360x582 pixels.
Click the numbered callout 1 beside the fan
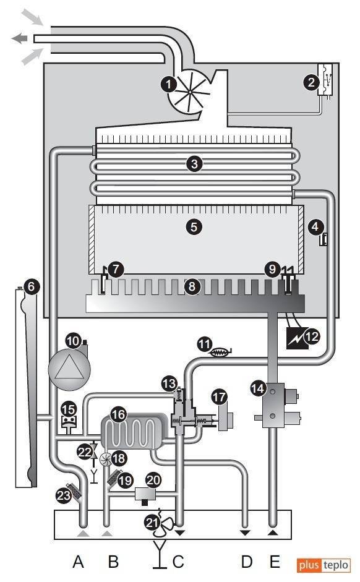tap(168, 84)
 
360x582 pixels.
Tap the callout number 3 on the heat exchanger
tap(194, 163)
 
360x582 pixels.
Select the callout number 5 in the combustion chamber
tap(194, 227)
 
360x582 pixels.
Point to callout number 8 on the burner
tap(192, 286)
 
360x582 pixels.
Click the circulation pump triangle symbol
tap(69, 370)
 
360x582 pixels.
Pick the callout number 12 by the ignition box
tap(312, 336)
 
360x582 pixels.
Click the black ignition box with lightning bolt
tap(297, 338)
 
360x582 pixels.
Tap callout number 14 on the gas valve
tap(257, 388)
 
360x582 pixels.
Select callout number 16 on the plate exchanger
tap(118, 414)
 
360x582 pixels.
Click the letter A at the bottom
tap(78, 561)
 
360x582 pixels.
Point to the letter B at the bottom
tap(113, 561)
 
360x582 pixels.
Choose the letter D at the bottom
tap(246, 561)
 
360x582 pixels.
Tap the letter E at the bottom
tap(275, 561)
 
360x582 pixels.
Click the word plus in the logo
tap(309, 565)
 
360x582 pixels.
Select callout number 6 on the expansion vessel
tap(31, 286)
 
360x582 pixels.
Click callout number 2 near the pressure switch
tap(311, 82)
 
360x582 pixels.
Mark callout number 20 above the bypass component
tap(153, 480)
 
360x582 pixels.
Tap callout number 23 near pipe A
tap(64, 495)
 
